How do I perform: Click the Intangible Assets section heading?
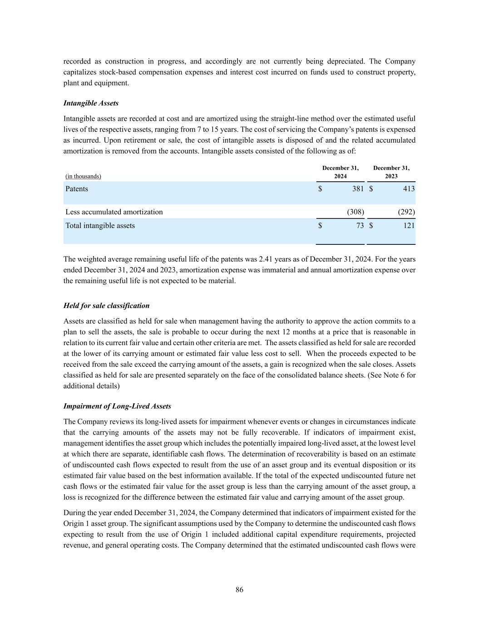[91, 103]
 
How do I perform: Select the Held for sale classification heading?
[106, 306]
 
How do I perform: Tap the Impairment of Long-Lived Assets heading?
[117, 406]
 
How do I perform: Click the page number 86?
[239, 590]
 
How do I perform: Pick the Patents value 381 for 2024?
[358, 189]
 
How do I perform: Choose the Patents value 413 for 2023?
[409, 189]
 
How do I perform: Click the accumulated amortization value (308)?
[356, 212]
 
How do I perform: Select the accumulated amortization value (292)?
[406, 212]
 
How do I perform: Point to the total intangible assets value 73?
[360, 226]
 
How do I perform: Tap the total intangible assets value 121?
[409, 226]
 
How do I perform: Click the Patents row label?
[77, 189]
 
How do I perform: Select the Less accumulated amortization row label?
[114, 212]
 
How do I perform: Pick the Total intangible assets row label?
[100, 226]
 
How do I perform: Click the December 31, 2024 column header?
[341, 172]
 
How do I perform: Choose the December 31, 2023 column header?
[391, 172]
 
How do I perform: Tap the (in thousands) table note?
[83, 176]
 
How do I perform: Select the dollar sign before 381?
[320, 189]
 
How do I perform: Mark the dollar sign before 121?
[371, 226]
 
